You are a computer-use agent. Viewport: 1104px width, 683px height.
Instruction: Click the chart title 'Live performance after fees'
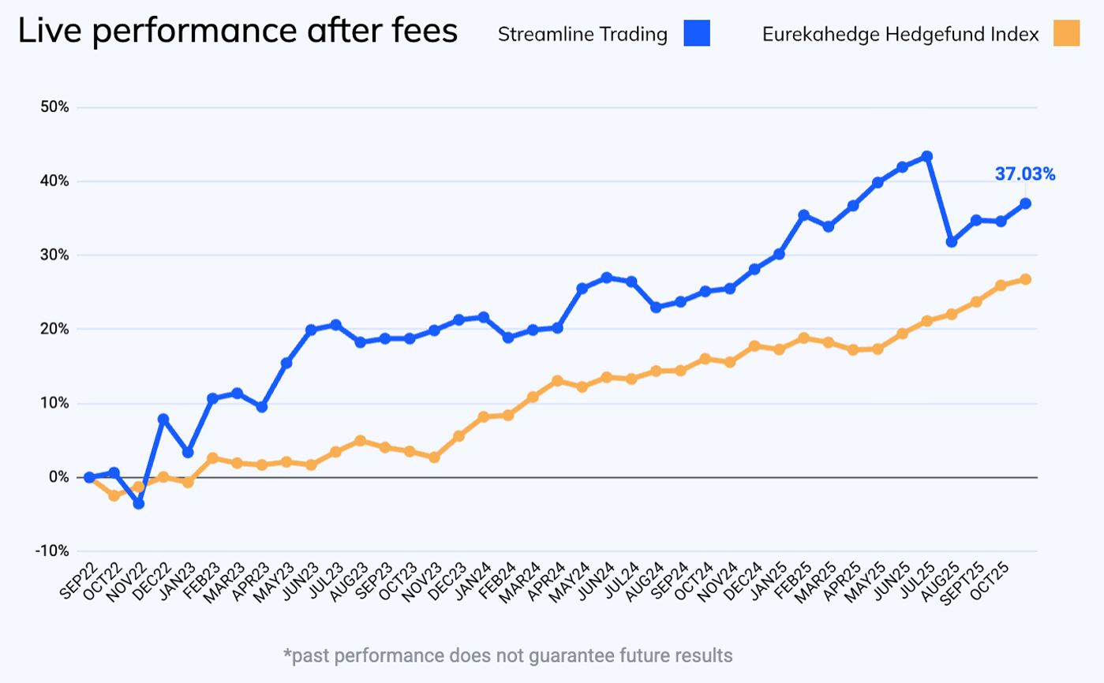tap(238, 32)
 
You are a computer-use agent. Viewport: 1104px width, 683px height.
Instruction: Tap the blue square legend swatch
tap(698, 34)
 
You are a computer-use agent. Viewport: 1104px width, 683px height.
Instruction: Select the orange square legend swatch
tap(1066, 34)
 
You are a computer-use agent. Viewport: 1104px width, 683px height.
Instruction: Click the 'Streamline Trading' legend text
tap(582, 35)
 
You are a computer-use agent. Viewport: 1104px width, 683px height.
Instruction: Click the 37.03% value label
tap(1024, 174)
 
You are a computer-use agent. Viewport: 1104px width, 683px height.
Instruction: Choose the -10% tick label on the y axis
tap(53, 551)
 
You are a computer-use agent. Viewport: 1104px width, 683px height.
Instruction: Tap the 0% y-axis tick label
tap(59, 477)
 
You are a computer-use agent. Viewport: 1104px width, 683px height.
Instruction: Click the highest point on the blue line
tap(927, 156)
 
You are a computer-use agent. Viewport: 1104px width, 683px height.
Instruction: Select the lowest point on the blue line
tap(139, 503)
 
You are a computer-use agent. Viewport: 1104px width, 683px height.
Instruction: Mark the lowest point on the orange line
tap(114, 495)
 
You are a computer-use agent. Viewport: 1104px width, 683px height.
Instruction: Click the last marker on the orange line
tap(1025, 279)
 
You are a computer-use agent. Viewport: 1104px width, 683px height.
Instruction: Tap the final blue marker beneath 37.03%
tap(1025, 203)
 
